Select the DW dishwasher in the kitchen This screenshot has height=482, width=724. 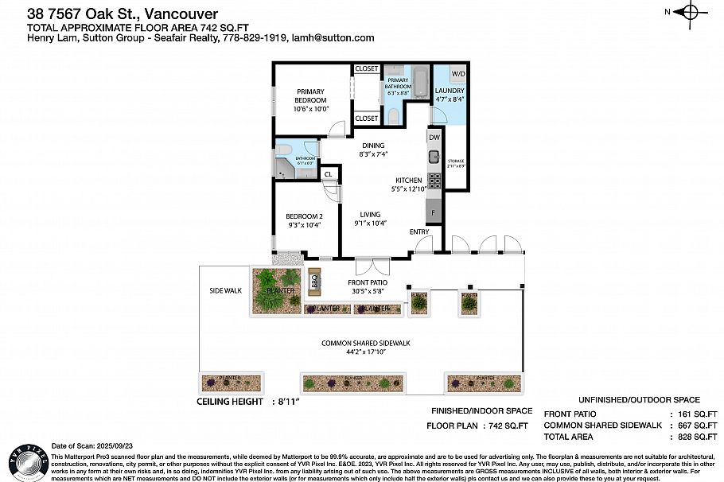pos(434,138)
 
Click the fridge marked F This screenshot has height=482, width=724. pos(434,212)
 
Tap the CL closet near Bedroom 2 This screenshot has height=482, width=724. pos(328,174)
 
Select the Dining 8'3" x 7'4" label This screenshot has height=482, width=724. pos(374,150)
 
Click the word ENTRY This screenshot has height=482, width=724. pos(419,231)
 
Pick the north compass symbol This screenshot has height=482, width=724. pos(689,11)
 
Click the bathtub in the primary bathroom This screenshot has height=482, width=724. pos(420,80)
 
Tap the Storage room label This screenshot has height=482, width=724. pos(455,164)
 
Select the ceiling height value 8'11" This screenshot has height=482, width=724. pos(292,402)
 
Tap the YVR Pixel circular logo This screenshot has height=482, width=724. pos(25,461)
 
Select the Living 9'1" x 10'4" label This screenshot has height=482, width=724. pos(370,219)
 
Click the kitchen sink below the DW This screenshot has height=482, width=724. pos(434,155)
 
